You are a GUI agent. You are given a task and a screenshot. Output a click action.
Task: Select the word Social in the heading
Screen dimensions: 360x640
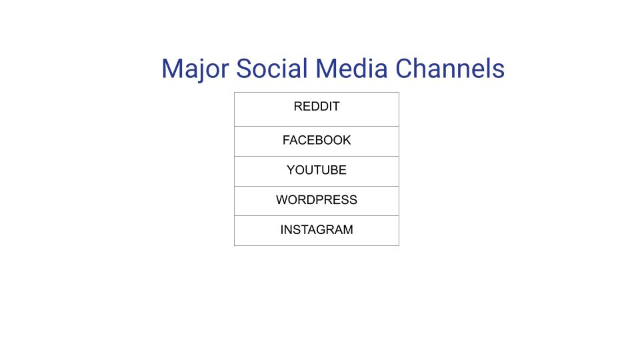coord(272,69)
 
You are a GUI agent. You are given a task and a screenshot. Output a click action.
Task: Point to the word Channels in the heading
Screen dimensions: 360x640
coord(449,69)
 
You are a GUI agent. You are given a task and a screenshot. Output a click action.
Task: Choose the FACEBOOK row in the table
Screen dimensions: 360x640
coord(317,141)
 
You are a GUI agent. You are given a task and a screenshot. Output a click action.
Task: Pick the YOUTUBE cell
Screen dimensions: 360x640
coord(317,171)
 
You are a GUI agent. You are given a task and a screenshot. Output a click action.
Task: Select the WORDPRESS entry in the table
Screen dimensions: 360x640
coord(317,200)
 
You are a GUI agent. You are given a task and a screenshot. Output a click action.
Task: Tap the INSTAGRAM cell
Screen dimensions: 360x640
coord(317,230)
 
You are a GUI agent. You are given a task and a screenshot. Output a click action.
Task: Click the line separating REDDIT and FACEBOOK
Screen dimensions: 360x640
coord(317,126)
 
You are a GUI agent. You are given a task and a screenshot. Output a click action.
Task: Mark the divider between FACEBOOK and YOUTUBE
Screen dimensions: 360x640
coord(317,156)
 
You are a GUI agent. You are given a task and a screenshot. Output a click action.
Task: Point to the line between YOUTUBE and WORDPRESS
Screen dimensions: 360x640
coord(317,186)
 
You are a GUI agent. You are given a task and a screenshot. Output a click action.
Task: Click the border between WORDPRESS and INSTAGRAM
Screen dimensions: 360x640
coord(317,215)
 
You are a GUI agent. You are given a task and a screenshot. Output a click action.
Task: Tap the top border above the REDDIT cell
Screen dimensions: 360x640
coord(317,93)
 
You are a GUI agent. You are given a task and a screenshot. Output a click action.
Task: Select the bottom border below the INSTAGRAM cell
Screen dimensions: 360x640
coord(317,245)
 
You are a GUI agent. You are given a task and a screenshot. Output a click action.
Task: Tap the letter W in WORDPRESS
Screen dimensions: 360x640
coord(282,200)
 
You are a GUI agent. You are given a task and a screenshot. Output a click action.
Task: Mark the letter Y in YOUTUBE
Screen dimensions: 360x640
coord(291,171)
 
